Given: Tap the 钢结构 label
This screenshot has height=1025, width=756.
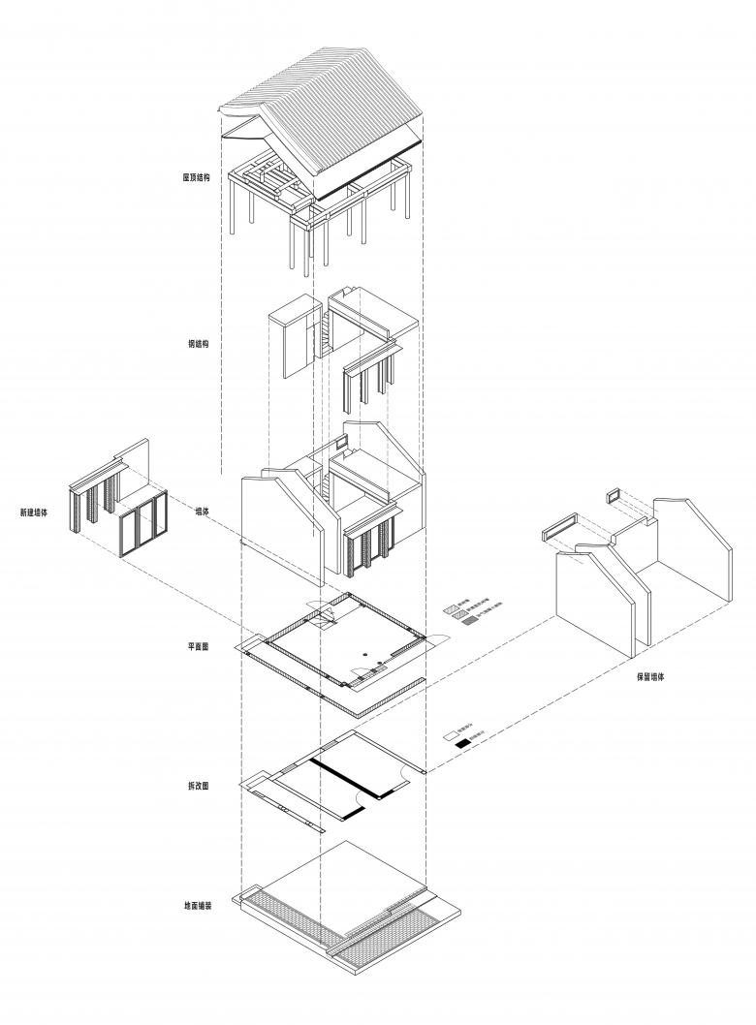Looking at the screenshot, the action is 199,343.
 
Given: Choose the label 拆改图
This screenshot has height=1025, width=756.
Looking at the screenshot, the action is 199,786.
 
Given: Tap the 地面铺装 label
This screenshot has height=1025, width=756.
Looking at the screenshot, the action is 197,907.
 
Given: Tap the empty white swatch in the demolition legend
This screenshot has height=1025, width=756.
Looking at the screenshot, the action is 450,736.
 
